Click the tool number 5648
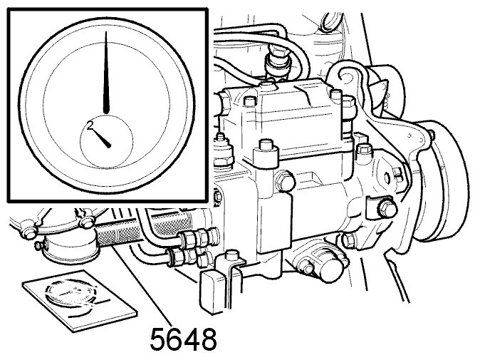click(183, 339)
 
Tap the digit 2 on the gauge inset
click(90, 125)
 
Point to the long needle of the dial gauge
click(106, 73)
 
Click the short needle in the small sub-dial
click(100, 138)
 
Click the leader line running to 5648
click(142, 285)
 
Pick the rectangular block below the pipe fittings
click(212, 291)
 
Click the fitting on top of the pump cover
click(278, 63)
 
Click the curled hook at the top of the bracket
click(348, 74)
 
